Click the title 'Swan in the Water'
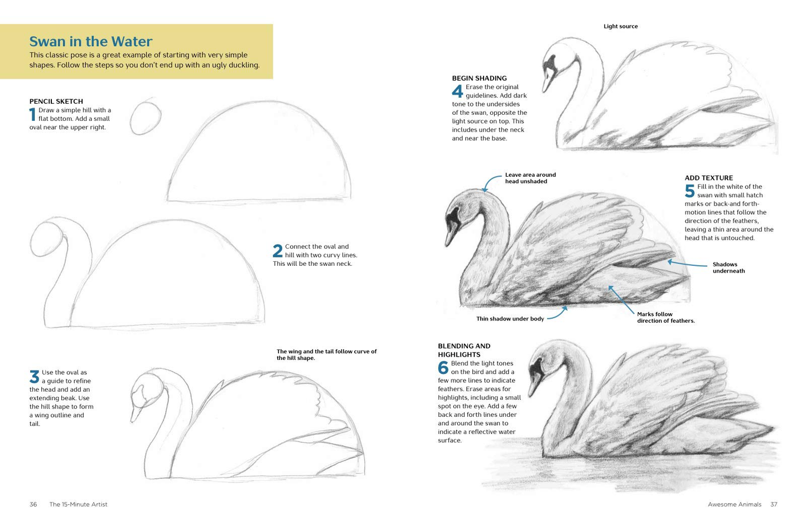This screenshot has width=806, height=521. pos(91,42)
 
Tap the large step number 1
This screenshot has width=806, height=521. pos(33,114)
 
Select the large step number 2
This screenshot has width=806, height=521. pos(278,251)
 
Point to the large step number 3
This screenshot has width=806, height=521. pos(34,377)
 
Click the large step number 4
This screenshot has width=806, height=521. pos(457,91)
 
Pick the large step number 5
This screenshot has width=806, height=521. pos(690,191)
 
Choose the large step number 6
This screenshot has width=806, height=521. pos(443,367)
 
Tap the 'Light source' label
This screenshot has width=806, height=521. pos(620,26)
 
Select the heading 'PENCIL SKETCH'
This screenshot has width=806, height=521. pos(56,101)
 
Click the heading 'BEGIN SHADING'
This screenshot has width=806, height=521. pos(479,78)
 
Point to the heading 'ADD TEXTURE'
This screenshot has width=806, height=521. pos(708,178)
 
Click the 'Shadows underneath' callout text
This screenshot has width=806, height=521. pos(728,267)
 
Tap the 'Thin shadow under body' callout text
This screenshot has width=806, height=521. pos(510,319)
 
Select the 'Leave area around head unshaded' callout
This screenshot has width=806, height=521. pos(530,178)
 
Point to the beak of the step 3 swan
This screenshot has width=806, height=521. pos(136,412)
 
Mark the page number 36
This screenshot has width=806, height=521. pos(33,504)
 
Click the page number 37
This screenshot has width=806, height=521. pos(774,504)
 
